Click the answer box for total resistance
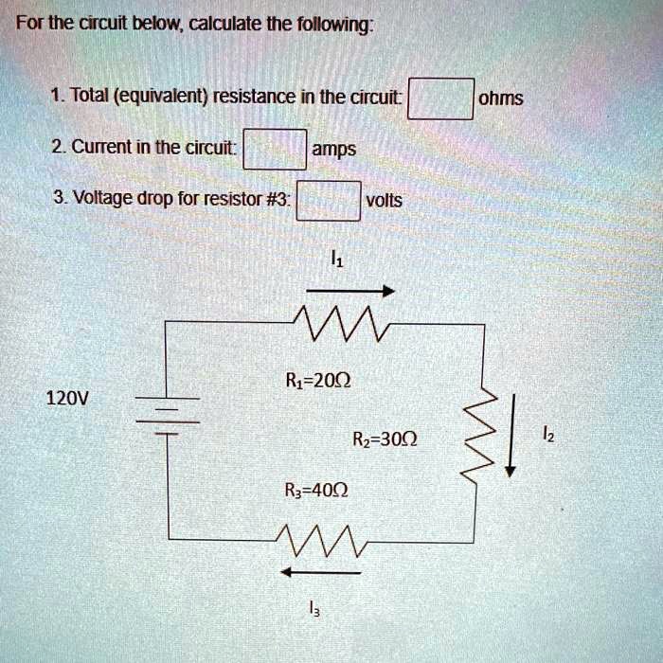pyautogui.click(x=440, y=98)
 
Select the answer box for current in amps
pyautogui.click(x=275, y=149)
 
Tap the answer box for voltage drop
pyautogui.click(x=329, y=200)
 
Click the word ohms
pyautogui.click(x=501, y=99)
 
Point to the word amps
pyautogui.click(x=334, y=150)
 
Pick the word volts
pyautogui.click(x=384, y=201)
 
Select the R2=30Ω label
pyautogui.click(x=383, y=439)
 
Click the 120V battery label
pyautogui.click(x=66, y=398)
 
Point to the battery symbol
pyautogui.click(x=167, y=415)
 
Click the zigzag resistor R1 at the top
pyautogui.click(x=336, y=325)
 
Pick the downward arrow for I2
pyautogui.click(x=511, y=436)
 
